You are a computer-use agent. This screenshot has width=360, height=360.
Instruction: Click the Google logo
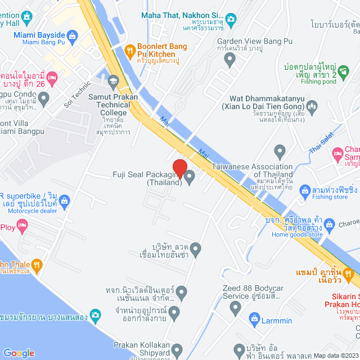point(19,353)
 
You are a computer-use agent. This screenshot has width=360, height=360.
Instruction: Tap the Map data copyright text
point(335,355)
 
